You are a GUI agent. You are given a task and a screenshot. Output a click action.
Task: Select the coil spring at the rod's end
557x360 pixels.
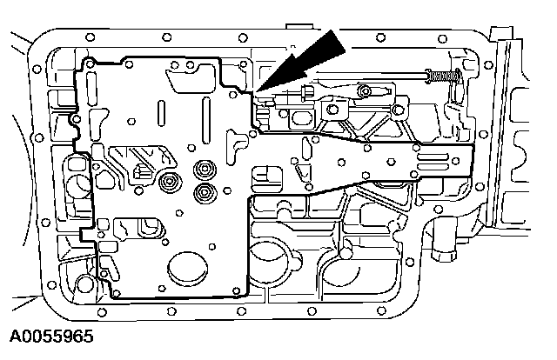pos(443,78)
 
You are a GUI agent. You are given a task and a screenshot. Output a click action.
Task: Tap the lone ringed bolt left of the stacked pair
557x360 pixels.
pos(169,183)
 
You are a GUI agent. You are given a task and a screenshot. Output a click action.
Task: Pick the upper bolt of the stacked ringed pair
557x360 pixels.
pos(206,169)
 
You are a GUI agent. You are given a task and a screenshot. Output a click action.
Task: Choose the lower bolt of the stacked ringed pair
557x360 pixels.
pos(206,192)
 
